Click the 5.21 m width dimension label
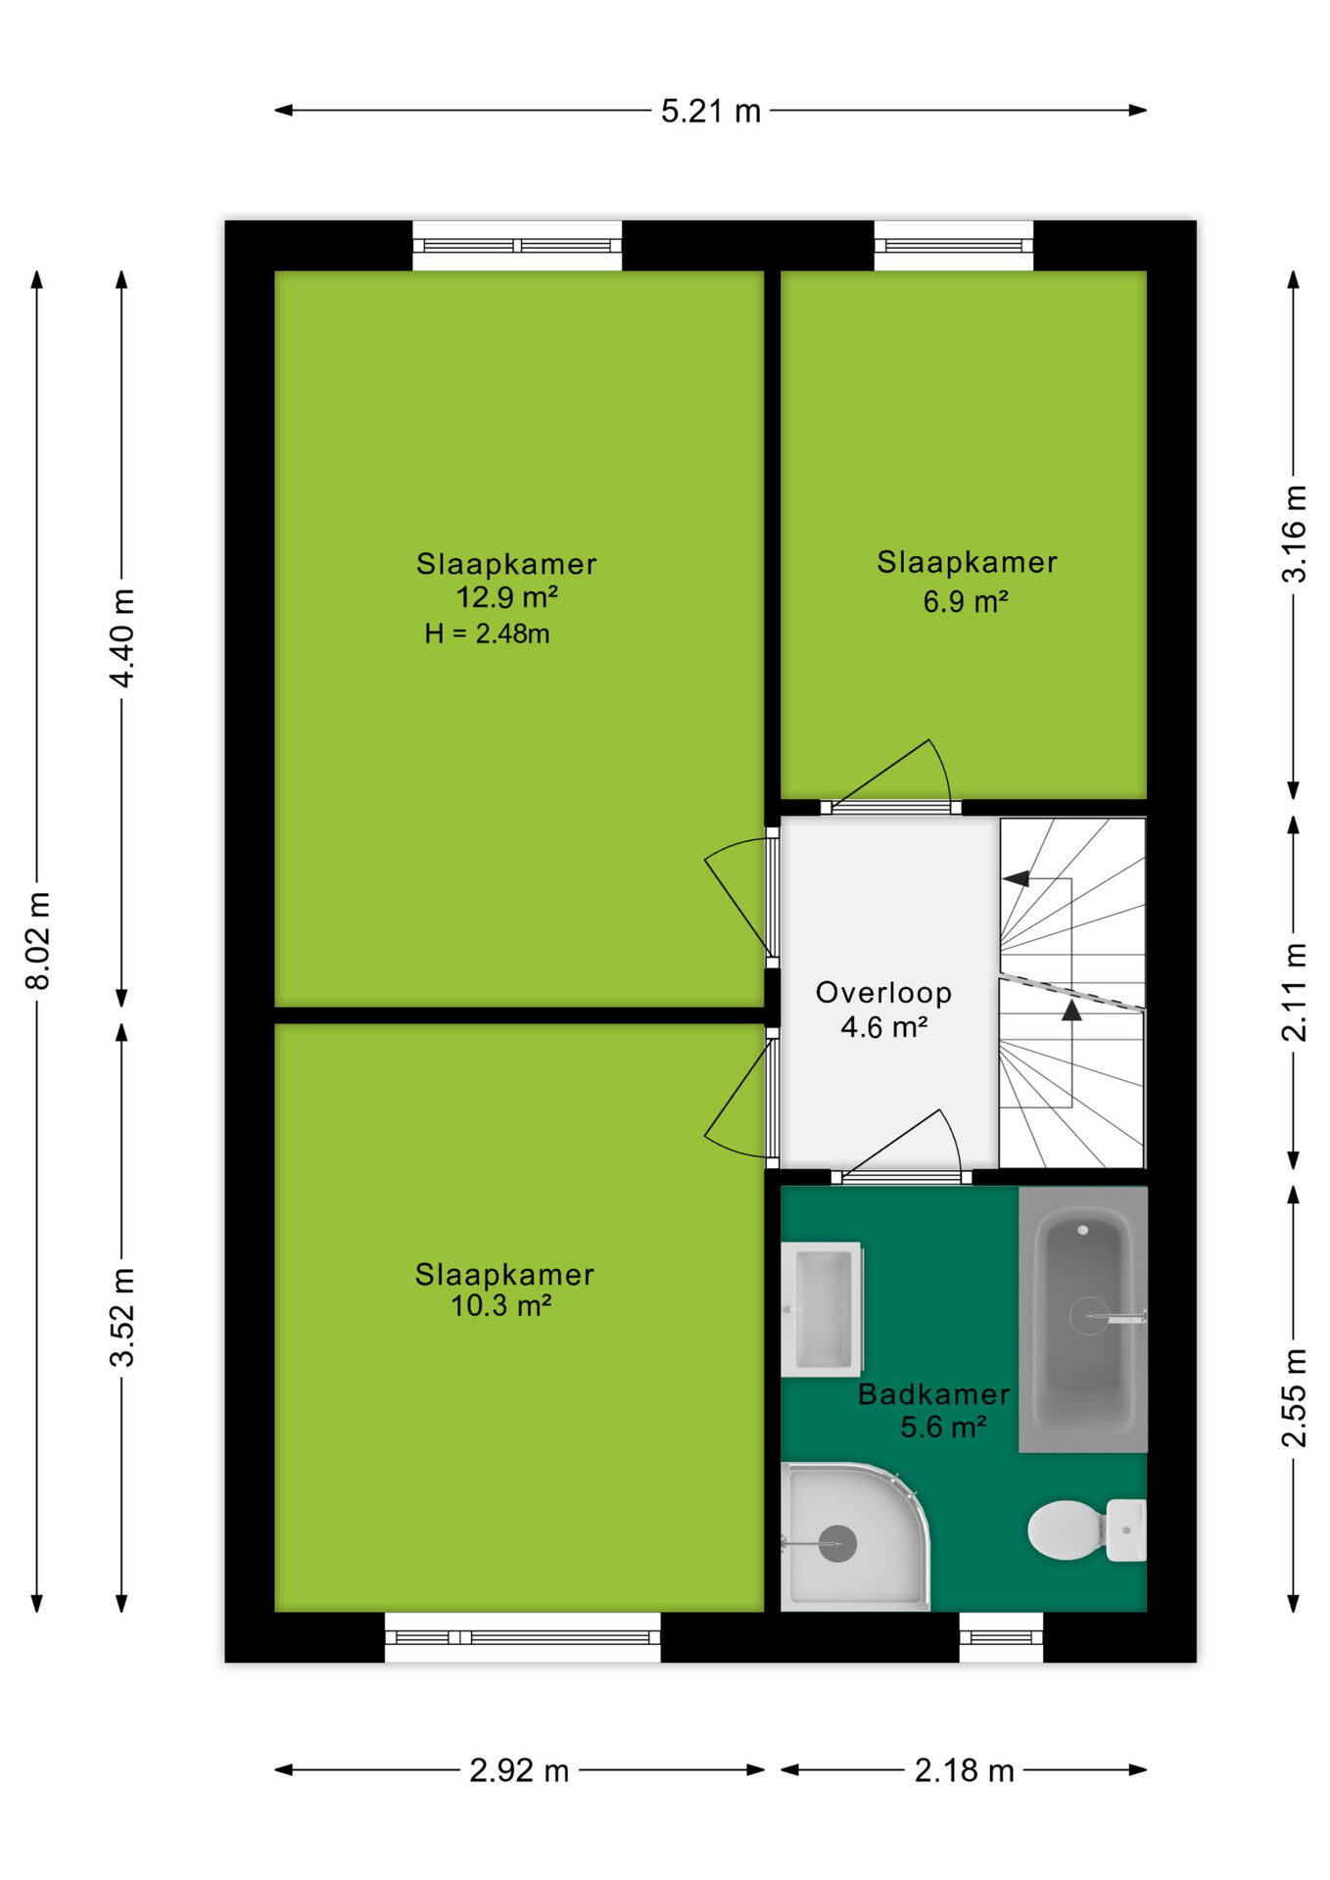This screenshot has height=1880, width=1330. click(710, 111)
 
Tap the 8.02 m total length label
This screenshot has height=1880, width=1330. click(37, 941)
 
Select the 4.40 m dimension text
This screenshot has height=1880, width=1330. click(121, 638)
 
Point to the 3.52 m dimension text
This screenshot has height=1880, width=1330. click(121, 1317)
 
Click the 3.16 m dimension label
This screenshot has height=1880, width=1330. click(1294, 534)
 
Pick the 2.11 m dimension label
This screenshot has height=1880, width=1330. click(1294, 992)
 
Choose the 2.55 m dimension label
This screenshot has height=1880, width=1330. click(1294, 1397)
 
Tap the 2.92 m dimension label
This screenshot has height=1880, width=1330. click(519, 1770)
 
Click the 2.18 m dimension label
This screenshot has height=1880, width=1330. click(964, 1770)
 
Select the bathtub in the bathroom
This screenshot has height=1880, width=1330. click(1083, 1319)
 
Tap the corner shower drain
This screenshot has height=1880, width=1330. click(837, 1544)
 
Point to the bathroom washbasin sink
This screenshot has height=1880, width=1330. click(822, 1309)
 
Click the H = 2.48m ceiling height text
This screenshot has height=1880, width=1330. click(487, 634)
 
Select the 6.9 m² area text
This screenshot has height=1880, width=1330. click(966, 601)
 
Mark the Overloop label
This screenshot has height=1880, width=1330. click(883, 993)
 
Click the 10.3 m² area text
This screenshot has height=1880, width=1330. click(500, 1306)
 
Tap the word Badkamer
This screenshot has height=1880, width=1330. click(933, 1394)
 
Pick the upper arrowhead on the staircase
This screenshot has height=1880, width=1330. click(1016, 878)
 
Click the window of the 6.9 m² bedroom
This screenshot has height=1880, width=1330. click(954, 246)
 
